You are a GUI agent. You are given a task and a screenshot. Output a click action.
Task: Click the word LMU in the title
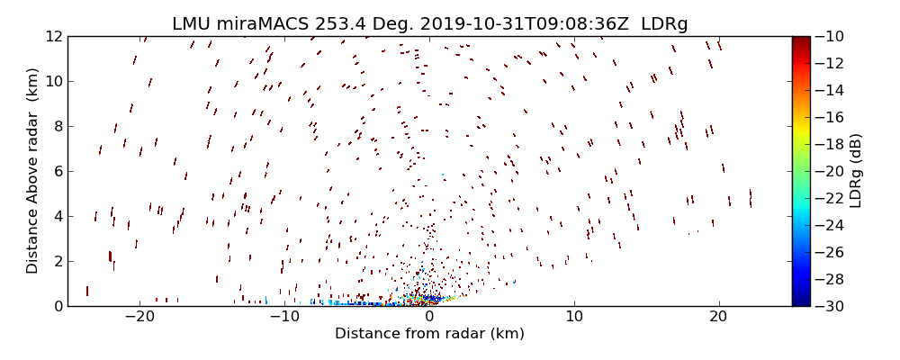coord(192,24)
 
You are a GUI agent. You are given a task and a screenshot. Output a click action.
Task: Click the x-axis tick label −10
coord(284,318)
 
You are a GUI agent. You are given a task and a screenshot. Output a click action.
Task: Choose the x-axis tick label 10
coord(574,318)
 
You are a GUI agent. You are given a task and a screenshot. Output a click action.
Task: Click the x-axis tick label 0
coord(429,318)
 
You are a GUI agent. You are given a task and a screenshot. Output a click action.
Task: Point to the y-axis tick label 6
coord(57,171)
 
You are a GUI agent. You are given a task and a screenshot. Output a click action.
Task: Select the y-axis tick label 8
coord(57,126)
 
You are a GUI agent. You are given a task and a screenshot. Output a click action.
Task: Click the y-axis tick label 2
coord(57,261)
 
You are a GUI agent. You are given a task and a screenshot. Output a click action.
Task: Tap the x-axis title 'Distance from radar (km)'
coord(429,334)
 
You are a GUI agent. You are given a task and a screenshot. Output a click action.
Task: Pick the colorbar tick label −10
coord(833,36)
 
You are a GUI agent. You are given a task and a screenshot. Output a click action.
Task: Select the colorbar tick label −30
coord(833,306)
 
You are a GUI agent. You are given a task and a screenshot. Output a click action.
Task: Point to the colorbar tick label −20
coord(833,171)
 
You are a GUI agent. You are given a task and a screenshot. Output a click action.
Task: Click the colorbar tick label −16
coord(833,117)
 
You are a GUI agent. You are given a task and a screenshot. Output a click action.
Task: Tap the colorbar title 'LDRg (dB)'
coord(856,171)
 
